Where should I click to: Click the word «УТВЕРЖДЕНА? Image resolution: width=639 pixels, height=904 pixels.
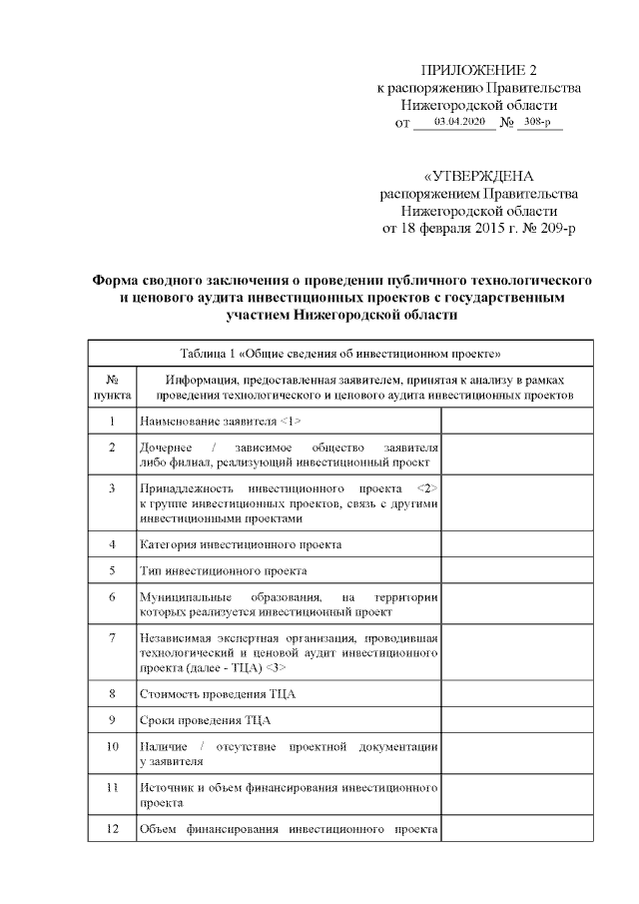point(478,175)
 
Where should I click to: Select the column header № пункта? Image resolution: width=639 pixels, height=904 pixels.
point(112,387)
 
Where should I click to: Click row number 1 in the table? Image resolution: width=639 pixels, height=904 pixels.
point(112,422)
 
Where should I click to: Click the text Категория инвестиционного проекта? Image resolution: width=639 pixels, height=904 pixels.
point(241,544)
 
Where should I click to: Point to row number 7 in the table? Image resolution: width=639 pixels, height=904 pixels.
point(112,637)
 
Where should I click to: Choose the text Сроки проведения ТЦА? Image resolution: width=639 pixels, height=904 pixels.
point(205,719)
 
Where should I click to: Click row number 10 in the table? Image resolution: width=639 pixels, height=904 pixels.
point(112,746)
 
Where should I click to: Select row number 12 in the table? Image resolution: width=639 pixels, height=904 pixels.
point(112,828)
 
